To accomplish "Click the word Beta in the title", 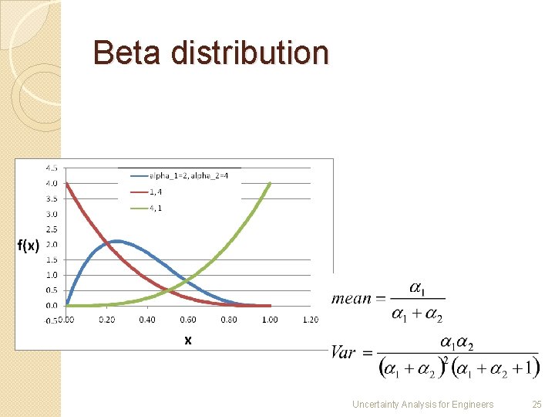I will coord(128,53).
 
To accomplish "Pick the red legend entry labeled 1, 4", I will coord(155,192).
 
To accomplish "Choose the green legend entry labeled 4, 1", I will coord(155,207).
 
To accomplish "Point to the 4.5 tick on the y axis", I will coord(51,168).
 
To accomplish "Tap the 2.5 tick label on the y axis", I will coord(51,229).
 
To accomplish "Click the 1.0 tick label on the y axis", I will coord(51,275).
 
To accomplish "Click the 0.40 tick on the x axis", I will coord(146,320).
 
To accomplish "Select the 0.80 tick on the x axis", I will coord(228,320).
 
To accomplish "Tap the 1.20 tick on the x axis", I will coord(310,320).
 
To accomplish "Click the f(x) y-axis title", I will coord(29,246).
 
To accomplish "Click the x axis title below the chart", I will coord(187,340).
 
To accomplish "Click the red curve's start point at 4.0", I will coord(66,184).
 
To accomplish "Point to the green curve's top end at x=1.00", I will coord(269,184).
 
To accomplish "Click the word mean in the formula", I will coord(351,299).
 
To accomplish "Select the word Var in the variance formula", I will coord(344,352).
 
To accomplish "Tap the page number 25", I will coord(537,404).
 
